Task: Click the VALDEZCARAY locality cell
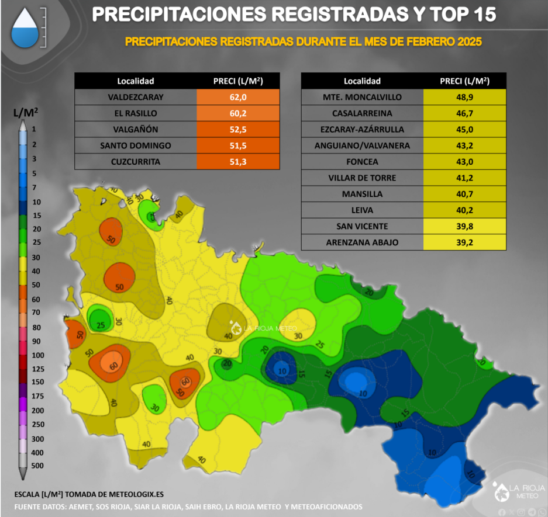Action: pyautogui.click(x=135, y=97)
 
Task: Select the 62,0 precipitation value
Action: pyautogui.click(x=238, y=97)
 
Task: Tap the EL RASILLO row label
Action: pyautogui.click(x=135, y=113)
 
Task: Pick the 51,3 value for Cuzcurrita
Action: pyautogui.click(x=238, y=161)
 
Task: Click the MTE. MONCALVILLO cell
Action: pyautogui.click(x=363, y=97)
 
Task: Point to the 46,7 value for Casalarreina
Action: pyautogui.click(x=464, y=113)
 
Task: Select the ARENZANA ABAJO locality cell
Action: pyautogui.click(x=363, y=242)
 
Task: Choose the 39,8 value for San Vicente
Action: pyautogui.click(x=464, y=226)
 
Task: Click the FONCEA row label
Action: pyautogui.click(x=363, y=162)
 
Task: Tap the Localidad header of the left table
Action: pyautogui.click(x=135, y=81)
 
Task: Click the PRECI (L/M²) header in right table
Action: pyautogui.click(x=464, y=81)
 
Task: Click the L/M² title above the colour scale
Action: pyautogui.click(x=25, y=111)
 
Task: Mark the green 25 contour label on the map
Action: pyautogui.click(x=100, y=325)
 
